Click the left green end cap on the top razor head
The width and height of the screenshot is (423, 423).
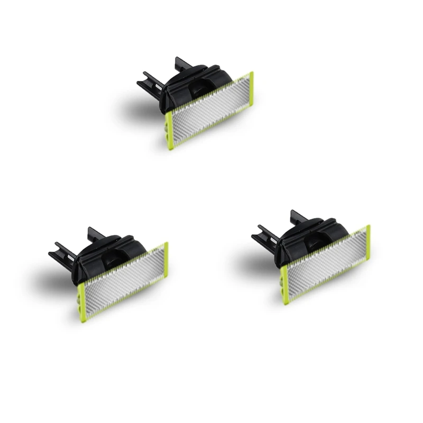pos(169,130)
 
